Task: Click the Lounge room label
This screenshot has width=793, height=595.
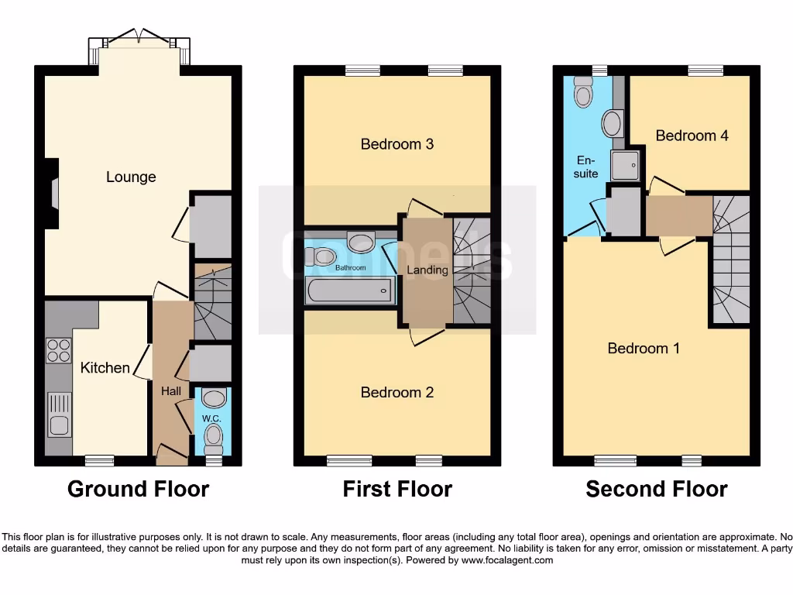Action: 131,177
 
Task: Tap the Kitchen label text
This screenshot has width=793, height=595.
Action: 105,367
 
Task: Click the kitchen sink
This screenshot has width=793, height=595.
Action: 59,414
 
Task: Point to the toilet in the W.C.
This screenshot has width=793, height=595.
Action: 212,439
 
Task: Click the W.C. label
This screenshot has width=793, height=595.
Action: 211,418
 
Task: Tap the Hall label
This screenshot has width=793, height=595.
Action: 171,391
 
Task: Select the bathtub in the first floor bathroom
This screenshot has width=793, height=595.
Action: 350,291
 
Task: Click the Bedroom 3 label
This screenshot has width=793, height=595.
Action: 396,144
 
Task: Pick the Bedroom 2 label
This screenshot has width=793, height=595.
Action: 396,393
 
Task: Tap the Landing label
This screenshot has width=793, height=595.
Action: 427,270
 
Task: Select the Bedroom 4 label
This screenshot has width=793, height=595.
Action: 692,136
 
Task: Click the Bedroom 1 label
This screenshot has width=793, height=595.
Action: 644,349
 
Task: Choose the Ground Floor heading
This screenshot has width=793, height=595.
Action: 138,490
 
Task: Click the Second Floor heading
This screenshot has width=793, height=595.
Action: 656,490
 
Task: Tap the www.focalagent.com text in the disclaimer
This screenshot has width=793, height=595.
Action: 508,560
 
